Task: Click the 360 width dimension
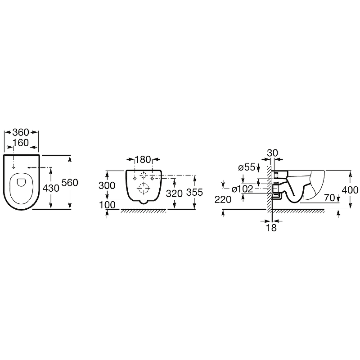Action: pyautogui.click(x=21, y=132)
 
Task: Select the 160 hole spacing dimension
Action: pyautogui.click(x=21, y=143)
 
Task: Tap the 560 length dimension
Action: pyautogui.click(x=70, y=183)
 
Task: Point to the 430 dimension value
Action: pyautogui.click(x=51, y=188)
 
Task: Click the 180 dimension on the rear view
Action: pyautogui.click(x=143, y=160)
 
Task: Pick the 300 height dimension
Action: pyautogui.click(x=107, y=185)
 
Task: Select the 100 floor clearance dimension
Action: pyautogui.click(x=107, y=205)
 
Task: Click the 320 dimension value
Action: pyautogui.click(x=174, y=194)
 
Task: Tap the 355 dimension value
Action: pyautogui.click(x=195, y=193)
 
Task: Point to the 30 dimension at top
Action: pyautogui.click(x=273, y=153)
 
